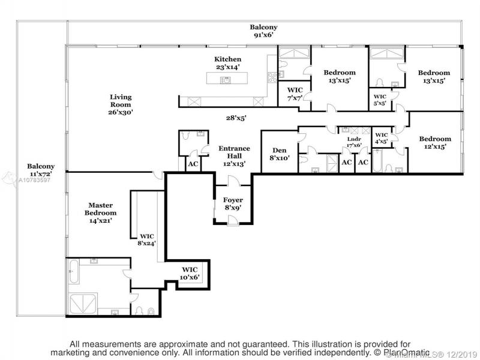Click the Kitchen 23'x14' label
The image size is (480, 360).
(227, 63)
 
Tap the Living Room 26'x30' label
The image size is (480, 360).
(121, 104)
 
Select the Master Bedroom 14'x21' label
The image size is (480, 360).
(100, 213)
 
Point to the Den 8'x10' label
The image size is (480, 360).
(279, 154)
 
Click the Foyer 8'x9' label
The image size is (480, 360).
(233, 203)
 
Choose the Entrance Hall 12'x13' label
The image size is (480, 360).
(234, 156)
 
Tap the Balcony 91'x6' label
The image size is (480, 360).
(263, 31)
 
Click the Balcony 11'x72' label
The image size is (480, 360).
(41, 170)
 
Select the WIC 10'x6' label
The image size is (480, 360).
(190, 274)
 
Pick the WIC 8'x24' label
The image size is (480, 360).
(147, 239)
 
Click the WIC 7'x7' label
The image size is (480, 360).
(295, 94)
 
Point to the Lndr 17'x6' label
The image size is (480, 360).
(354, 142)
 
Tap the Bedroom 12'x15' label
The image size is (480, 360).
(435, 142)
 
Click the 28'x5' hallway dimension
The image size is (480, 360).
(236, 118)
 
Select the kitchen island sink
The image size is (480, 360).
(226, 80)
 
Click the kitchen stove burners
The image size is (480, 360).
(273, 77)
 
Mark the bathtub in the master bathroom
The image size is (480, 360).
(73, 272)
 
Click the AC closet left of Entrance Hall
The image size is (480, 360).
(193, 164)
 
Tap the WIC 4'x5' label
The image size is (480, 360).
(382, 138)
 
